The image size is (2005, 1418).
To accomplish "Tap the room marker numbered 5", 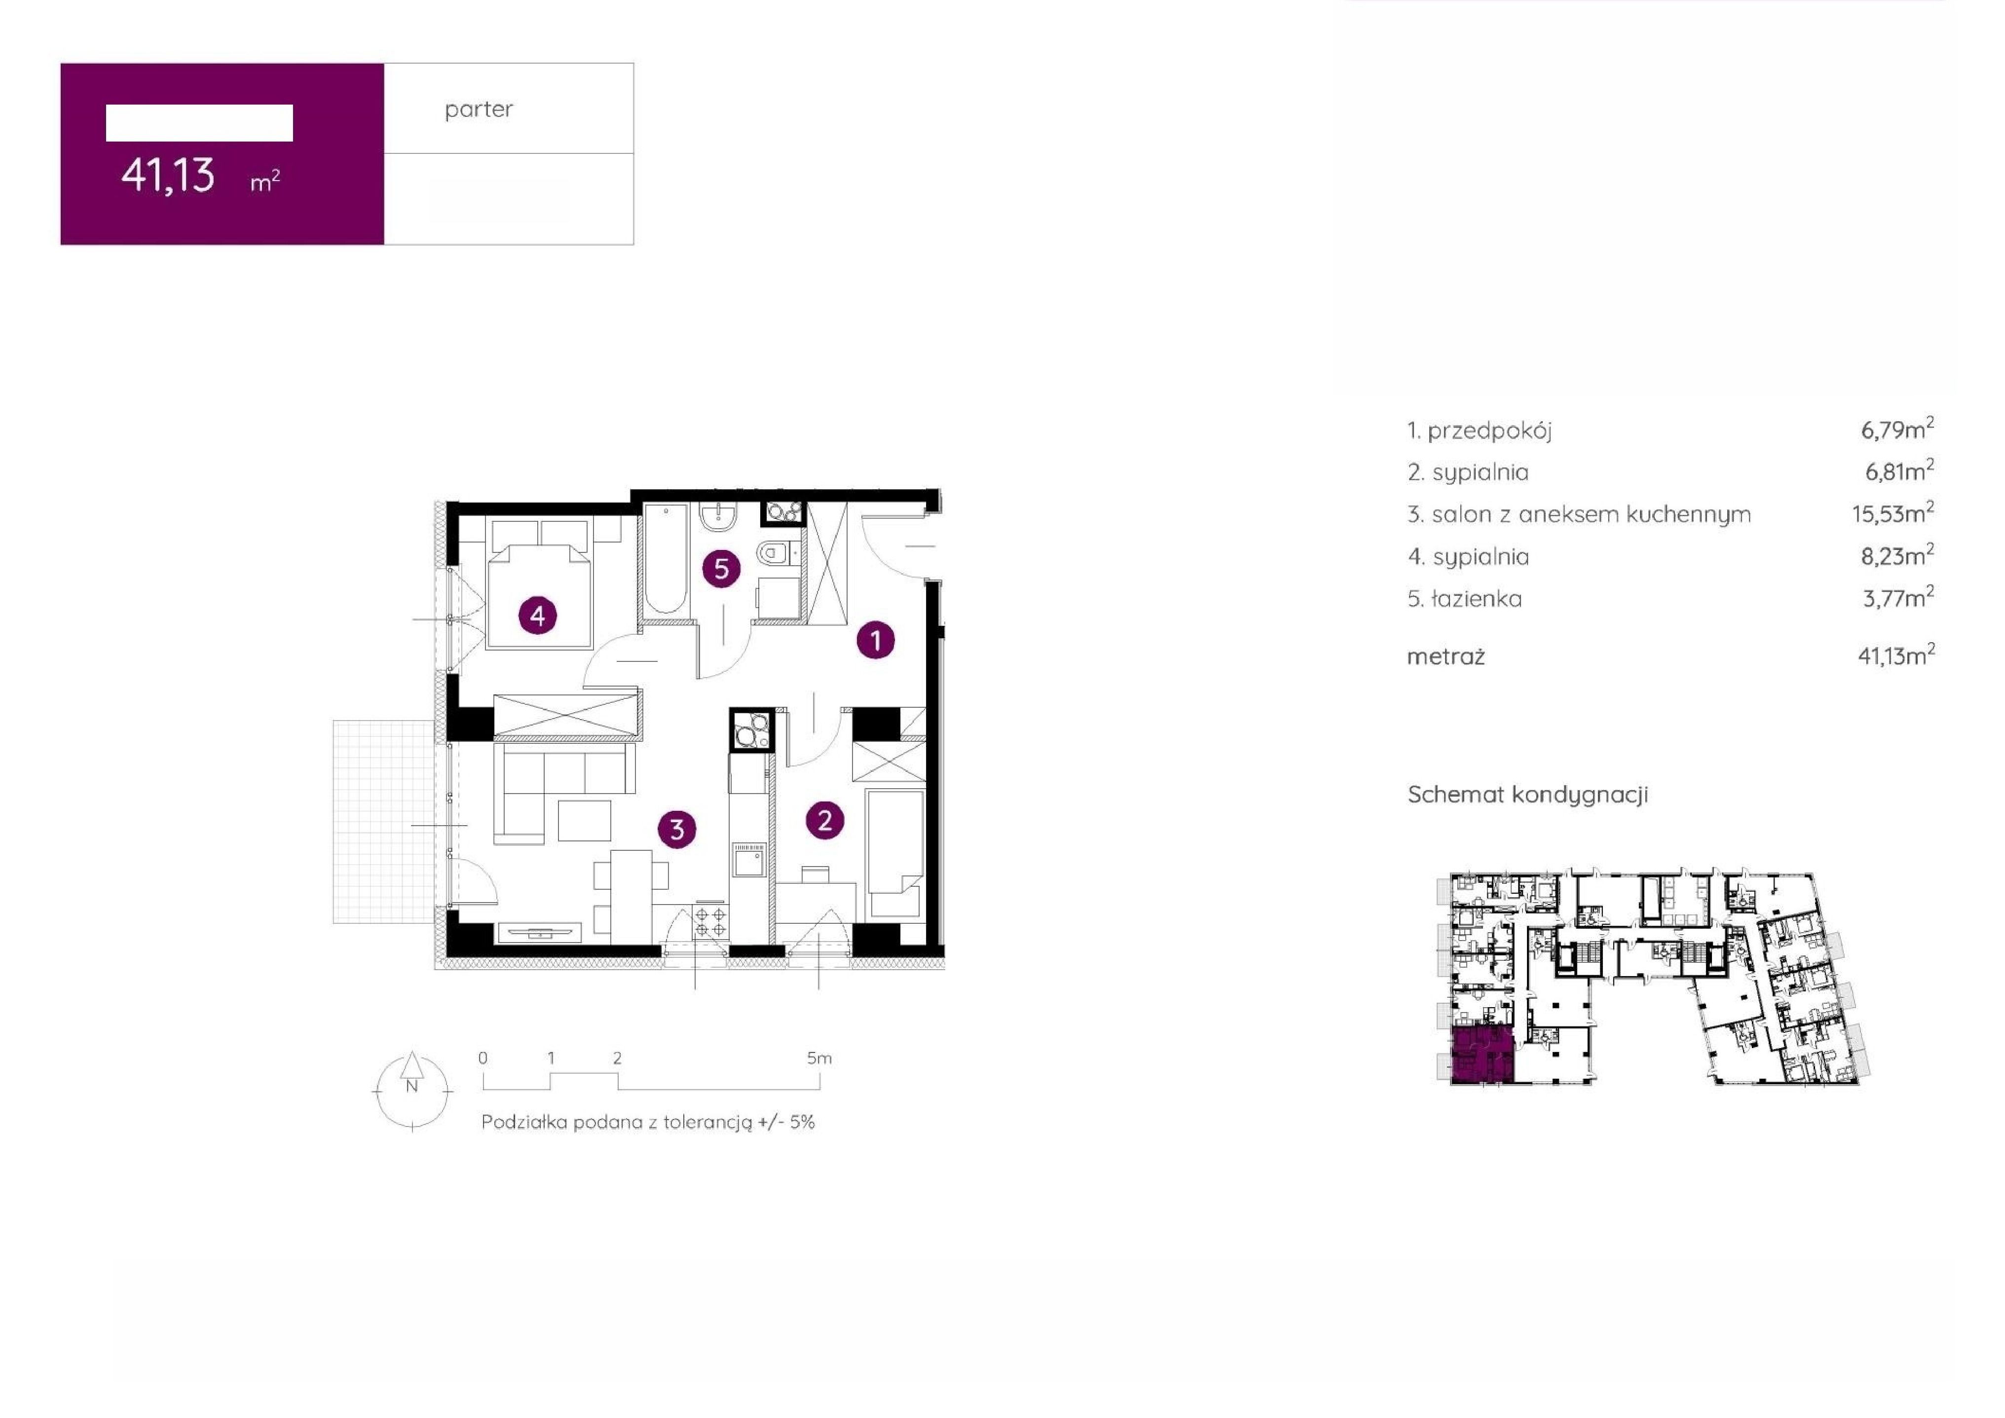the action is [x=721, y=569].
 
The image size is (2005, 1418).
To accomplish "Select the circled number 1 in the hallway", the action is [x=876, y=641].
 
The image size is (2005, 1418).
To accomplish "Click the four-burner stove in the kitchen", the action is [x=709, y=922].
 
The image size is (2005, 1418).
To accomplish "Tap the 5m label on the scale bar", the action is [x=819, y=1058].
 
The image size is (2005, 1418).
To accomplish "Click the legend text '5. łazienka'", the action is [x=1464, y=599].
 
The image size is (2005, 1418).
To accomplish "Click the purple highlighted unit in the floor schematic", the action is [x=1482, y=1055].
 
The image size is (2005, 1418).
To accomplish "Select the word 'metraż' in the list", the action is [x=1446, y=656].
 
